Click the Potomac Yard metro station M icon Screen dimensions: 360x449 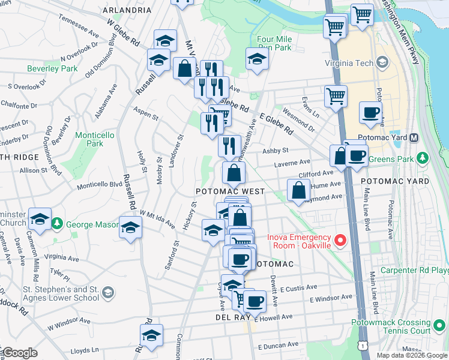pos(414,137)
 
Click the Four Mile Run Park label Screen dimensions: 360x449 pos(274,43)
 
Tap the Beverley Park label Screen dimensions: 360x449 pos(52,68)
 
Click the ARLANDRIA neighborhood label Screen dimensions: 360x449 pos(127,10)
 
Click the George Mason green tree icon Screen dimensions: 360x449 pos(58,224)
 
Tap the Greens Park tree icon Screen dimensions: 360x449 pos(423,158)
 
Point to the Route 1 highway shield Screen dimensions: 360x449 pos(362,346)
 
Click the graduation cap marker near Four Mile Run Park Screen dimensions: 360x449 pos(257,59)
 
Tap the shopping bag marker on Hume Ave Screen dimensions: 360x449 pos(298,190)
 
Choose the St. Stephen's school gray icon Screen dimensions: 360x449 pos(108,292)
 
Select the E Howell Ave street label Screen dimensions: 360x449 pos(274,317)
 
